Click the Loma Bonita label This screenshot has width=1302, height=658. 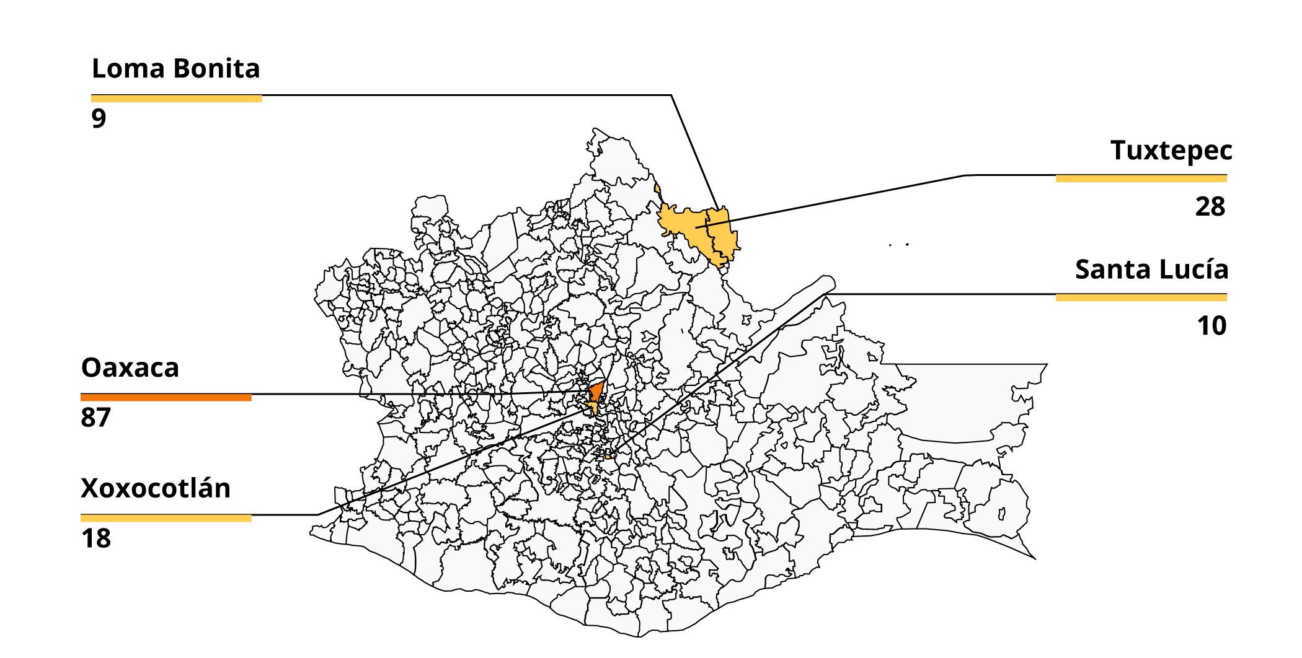click(175, 69)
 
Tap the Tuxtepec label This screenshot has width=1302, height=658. click(1171, 151)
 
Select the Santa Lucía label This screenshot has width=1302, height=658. click(1151, 270)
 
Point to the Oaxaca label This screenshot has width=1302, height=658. click(130, 368)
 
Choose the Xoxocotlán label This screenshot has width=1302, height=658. click(156, 488)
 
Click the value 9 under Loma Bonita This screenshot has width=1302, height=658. click(99, 118)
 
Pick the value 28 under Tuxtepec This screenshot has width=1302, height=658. click(1210, 207)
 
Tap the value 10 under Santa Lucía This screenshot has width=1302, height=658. click(1211, 326)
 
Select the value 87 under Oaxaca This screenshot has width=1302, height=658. click(95, 418)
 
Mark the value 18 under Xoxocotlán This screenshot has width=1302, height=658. click(96, 538)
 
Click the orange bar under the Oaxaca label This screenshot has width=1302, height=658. click(166, 397)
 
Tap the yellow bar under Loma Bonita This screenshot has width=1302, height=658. click(176, 99)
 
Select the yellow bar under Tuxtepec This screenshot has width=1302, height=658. click(1141, 178)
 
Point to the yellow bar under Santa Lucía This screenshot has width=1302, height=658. click(1141, 297)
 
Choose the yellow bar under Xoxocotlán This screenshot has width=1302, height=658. click(166, 518)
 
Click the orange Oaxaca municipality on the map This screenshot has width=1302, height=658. click(596, 392)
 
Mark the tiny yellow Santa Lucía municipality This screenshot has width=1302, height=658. click(608, 456)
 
